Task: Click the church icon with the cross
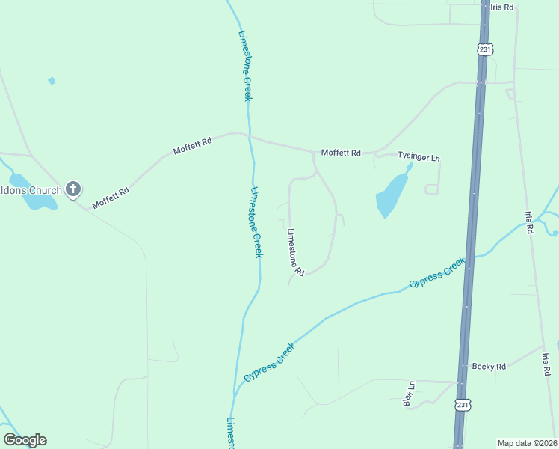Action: pyautogui.click(x=72, y=189)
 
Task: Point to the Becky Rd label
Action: pyautogui.click(x=489, y=367)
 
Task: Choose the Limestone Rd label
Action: pyautogui.click(x=295, y=252)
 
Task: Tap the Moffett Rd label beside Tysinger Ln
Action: pyautogui.click(x=341, y=153)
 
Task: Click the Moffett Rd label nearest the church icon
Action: pyautogui.click(x=111, y=198)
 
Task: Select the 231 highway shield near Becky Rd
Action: pyautogui.click(x=463, y=404)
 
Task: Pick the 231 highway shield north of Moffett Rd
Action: pyautogui.click(x=485, y=49)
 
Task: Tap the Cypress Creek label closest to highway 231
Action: pyautogui.click(x=437, y=273)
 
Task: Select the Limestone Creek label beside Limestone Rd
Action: pyautogui.click(x=257, y=222)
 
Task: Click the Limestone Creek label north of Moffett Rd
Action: pyautogui.click(x=245, y=65)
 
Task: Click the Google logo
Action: pyautogui.click(x=25, y=440)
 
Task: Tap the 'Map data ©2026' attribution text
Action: pyautogui.click(x=527, y=442)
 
